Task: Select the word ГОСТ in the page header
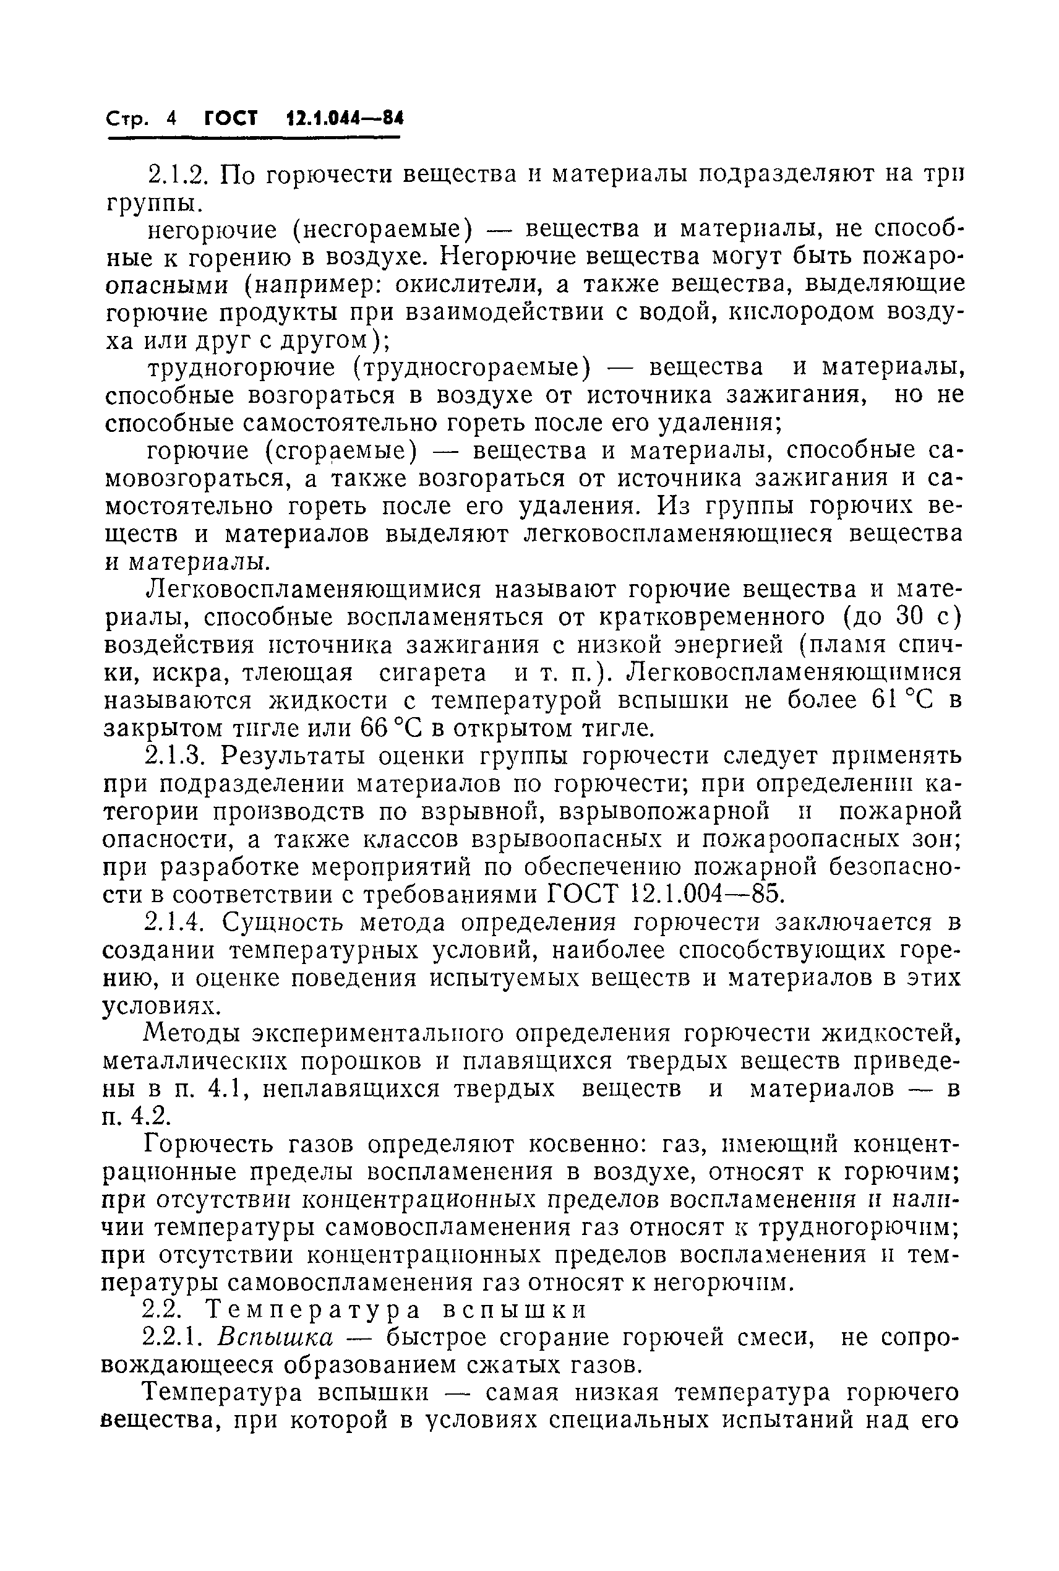coord(231,119)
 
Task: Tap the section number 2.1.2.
coord(179,175)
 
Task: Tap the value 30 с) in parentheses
coord(928,618)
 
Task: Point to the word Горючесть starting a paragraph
coord(210,1144)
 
